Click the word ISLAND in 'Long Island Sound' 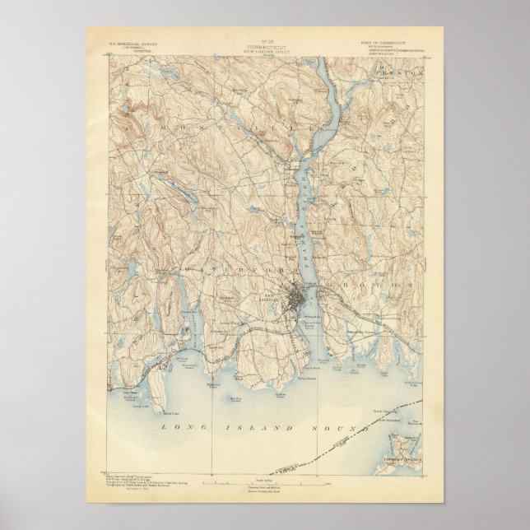click(x=247, y=429)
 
